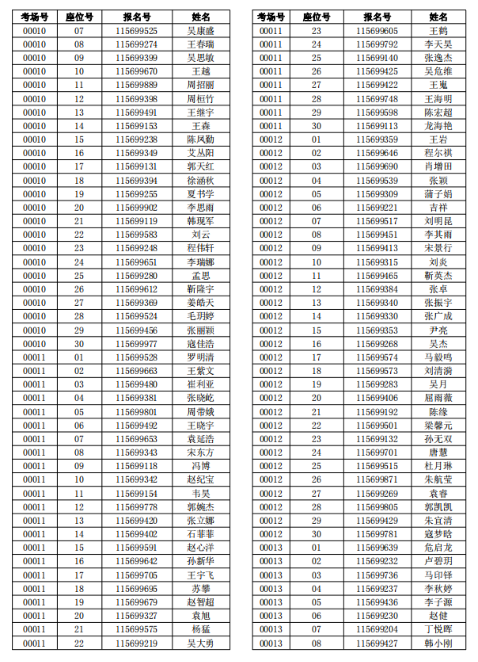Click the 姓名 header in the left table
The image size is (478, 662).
click(201, 17)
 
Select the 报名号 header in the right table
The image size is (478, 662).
click(377, 17)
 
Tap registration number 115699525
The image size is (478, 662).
click(136, 31)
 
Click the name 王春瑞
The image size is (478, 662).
click(201, 44)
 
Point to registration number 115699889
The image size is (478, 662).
click(136, 85)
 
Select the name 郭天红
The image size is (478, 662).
click(201, 166)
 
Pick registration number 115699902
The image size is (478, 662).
click(136, 208)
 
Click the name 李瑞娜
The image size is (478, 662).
click(201, 262)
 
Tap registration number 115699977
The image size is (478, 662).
click(136, 344)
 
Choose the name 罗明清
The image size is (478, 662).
click(201, 357)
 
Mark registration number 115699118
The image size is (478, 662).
click(136, 466)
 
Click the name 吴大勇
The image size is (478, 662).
click(201, 643)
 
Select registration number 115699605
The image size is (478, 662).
click(377, 31)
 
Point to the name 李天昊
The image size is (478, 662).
click(438, 44)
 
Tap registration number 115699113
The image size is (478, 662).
click(377, 126)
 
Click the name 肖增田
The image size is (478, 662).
click(438, 166)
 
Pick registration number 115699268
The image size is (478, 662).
click(377, 344)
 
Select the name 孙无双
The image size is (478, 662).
click(438, 439)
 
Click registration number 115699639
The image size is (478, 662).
click(377, 548)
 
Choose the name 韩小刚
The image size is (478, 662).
click(438, 643)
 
